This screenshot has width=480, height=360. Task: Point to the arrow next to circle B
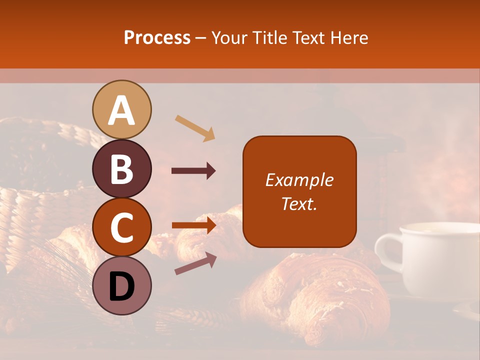pyautogui.click(x=193, y=171)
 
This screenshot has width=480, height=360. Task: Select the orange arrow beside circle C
pyautogui.click(x=193, y=225)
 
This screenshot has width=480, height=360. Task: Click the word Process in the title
pyautogui.click(x=157, y=37)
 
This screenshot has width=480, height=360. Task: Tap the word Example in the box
pyautogui.click(x=299, y=180)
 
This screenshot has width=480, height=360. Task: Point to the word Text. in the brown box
pyautogui.click(x=299, y=203)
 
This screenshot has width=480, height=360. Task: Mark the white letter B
pyautogui.click(x=121, y=168)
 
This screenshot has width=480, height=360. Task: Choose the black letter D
pyautogui.click(x=121, y=286)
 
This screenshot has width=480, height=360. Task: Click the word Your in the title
pyautogui.click(x=230, y=37)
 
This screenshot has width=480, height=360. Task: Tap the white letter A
pyautogui.click(x=122, y=110)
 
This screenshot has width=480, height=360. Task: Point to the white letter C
pyautogui.click(x=121, y=227)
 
